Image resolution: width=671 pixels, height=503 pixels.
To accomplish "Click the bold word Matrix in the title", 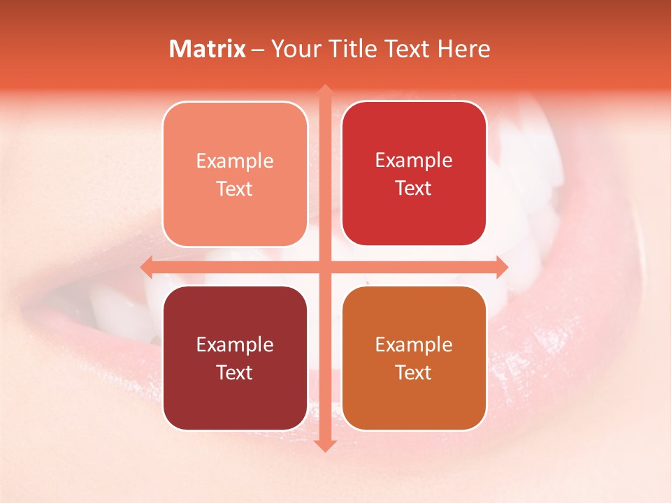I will pyautogui.click(x=208, y=49).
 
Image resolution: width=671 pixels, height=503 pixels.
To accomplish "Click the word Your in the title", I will pyautogui.click(x=293, y=49).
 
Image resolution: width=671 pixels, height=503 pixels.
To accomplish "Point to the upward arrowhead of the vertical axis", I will pyautogui.click(x=324, y=91).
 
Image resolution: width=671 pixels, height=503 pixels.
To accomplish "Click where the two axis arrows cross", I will pyautogui.click(x=324, y=267).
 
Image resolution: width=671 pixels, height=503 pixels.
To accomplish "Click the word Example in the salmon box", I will pyautogui.click(x=235, y=161).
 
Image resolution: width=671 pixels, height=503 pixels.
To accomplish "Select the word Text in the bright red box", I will pyautogui.click(x=414, y=188).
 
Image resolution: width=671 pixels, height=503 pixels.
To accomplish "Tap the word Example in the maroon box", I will pyautogui.click(x=235, y=344).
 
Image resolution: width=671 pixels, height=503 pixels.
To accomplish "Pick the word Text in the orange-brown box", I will pyautogui.click(x=414, y=372).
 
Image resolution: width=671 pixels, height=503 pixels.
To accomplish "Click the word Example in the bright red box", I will pyautogui.click(x=414, y=160).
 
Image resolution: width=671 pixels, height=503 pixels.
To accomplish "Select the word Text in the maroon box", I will pyautogui.click(x=235, y=372).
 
